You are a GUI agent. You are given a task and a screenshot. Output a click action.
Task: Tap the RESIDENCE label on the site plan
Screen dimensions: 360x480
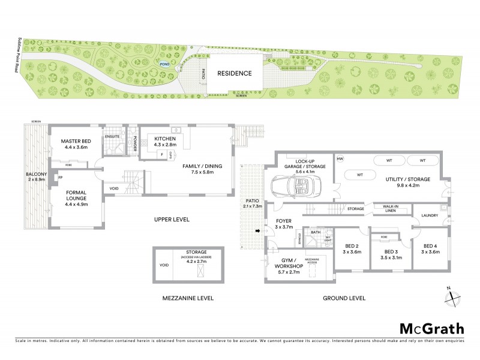(234, 73)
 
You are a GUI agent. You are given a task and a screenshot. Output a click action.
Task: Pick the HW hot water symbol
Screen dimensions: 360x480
(340, 159)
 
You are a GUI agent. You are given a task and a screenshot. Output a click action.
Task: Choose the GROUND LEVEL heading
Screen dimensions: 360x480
(344, 298)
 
